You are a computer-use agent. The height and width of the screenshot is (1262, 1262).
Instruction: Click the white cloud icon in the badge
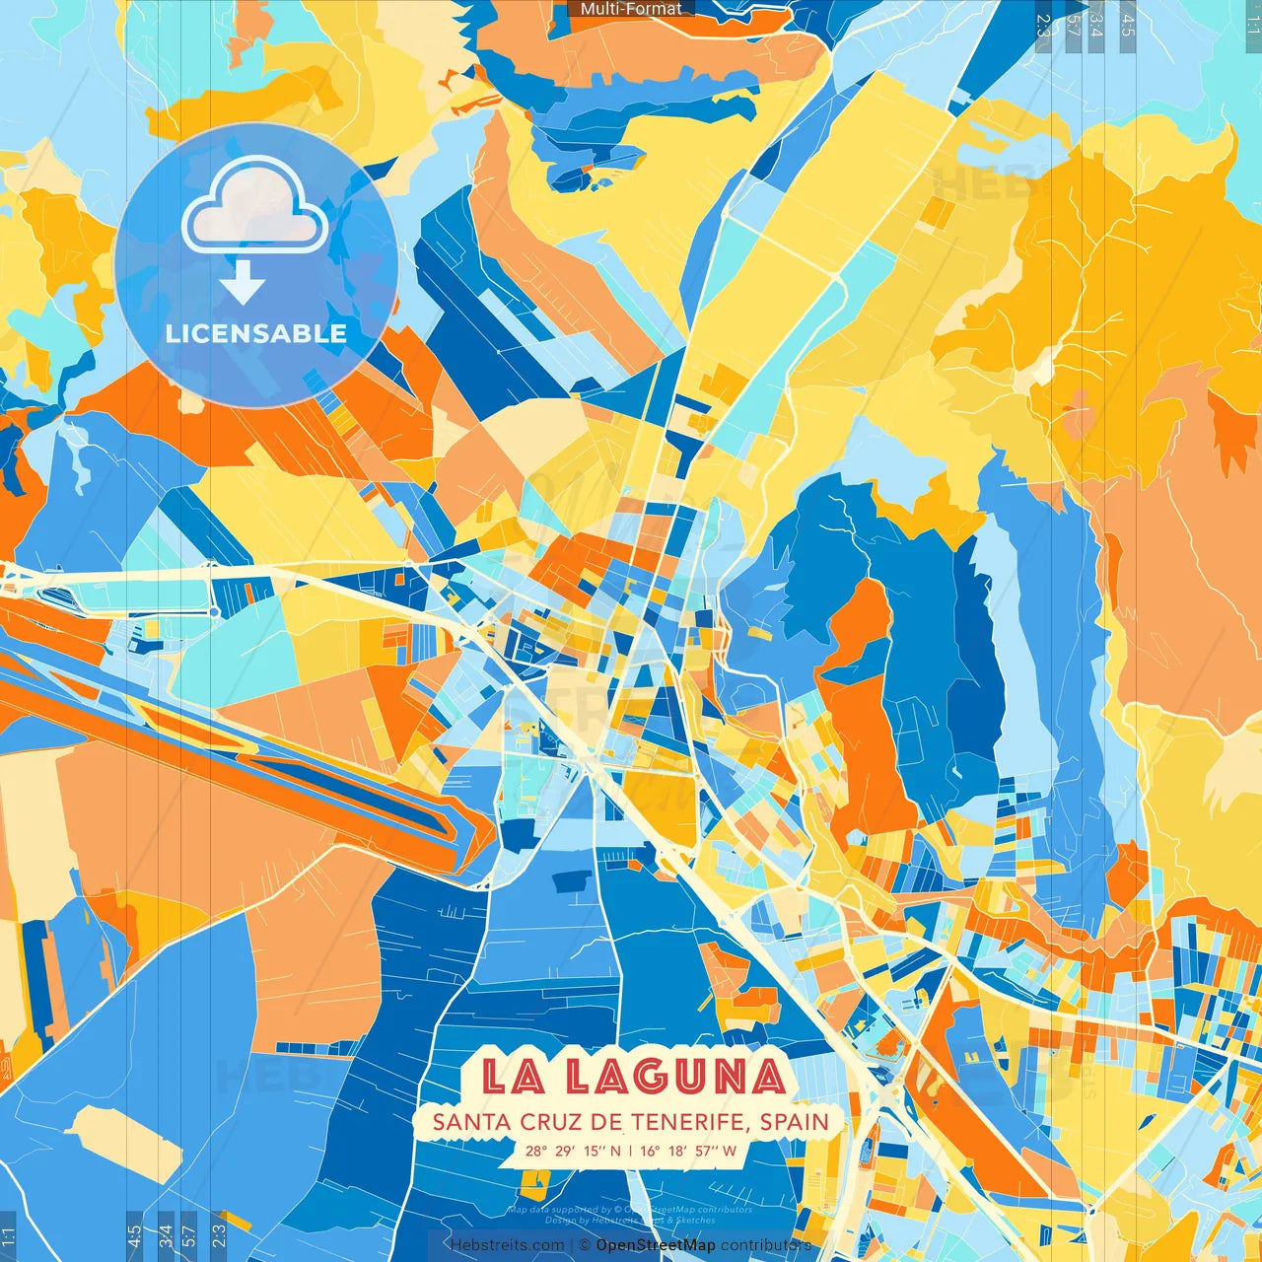255,207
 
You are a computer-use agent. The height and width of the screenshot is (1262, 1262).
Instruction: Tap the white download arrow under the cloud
243,286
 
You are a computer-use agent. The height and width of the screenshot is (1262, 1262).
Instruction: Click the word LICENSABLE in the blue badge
255,333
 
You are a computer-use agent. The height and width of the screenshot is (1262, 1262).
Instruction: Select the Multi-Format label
631,9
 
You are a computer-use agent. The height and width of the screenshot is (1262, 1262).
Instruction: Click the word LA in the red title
513,1076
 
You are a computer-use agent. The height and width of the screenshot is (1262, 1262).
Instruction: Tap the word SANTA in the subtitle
470,1122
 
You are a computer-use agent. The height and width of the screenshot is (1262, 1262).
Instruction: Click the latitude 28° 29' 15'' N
573,1151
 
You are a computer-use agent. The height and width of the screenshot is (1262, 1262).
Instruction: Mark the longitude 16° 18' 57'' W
688,1151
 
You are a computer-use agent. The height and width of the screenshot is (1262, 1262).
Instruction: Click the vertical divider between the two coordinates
631,1151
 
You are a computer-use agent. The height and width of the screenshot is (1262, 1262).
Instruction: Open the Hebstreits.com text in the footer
507,1245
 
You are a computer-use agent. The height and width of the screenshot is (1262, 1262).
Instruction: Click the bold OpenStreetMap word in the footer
656,1245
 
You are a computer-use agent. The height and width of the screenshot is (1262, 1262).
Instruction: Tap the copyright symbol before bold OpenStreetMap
585,1245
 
